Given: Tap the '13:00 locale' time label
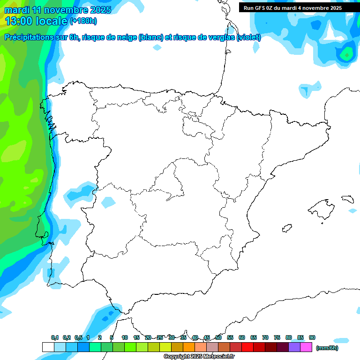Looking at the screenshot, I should (37, 21).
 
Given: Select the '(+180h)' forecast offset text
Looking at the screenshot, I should (83, 21).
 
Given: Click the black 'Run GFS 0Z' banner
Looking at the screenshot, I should (292, 8).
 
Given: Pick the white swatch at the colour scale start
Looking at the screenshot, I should (48, 347).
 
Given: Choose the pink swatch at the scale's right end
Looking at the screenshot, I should (306, 347).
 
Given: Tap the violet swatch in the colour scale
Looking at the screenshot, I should (294, 347).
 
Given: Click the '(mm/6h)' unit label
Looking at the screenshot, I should (327, 348).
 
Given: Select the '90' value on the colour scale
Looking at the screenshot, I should (312, 337).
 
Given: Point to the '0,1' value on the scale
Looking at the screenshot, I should (55, 337).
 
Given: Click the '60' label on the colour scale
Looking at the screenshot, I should (242, 337).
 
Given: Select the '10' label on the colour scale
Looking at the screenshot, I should (125, 337).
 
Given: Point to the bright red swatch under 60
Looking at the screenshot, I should (247, 347).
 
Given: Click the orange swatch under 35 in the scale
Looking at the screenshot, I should (189, 347).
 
